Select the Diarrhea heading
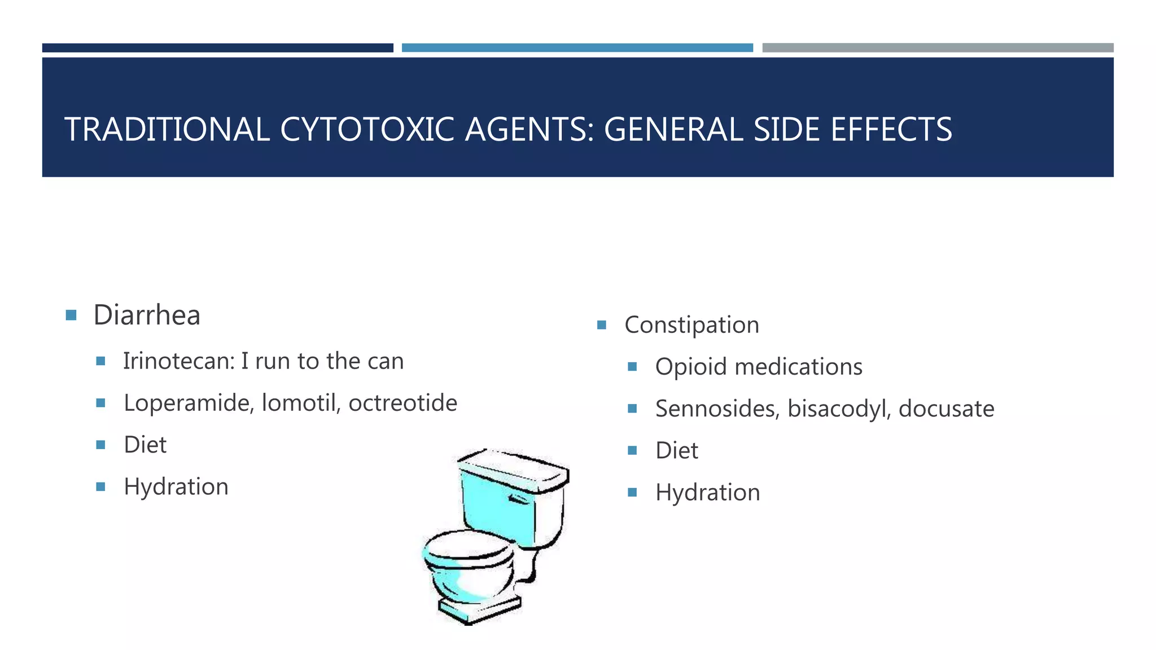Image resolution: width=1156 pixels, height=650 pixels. (147, 315)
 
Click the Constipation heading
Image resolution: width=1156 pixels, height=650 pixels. (691, 325)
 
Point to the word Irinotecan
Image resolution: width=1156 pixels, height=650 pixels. (178, 361)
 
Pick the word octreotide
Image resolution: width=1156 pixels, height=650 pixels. (402, 403)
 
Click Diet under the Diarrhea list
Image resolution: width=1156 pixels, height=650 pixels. (145, 445)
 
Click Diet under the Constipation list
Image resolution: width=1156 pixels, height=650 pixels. (676, 451)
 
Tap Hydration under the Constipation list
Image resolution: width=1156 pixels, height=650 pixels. (707, 493)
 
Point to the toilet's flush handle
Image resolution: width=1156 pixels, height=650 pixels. (519, 499)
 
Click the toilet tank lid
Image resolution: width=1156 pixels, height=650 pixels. (513, 468)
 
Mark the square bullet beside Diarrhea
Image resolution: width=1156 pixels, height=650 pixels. (71, 315)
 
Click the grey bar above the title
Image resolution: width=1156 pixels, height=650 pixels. (938, 48)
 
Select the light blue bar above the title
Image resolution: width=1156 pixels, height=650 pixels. (577, 48)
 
